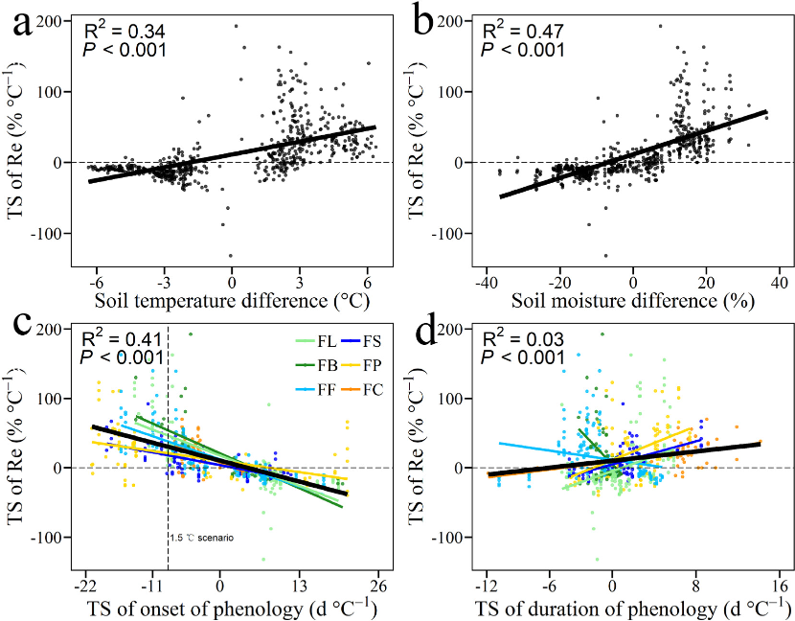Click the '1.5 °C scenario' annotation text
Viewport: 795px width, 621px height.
202,539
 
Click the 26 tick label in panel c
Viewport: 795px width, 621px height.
378,586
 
